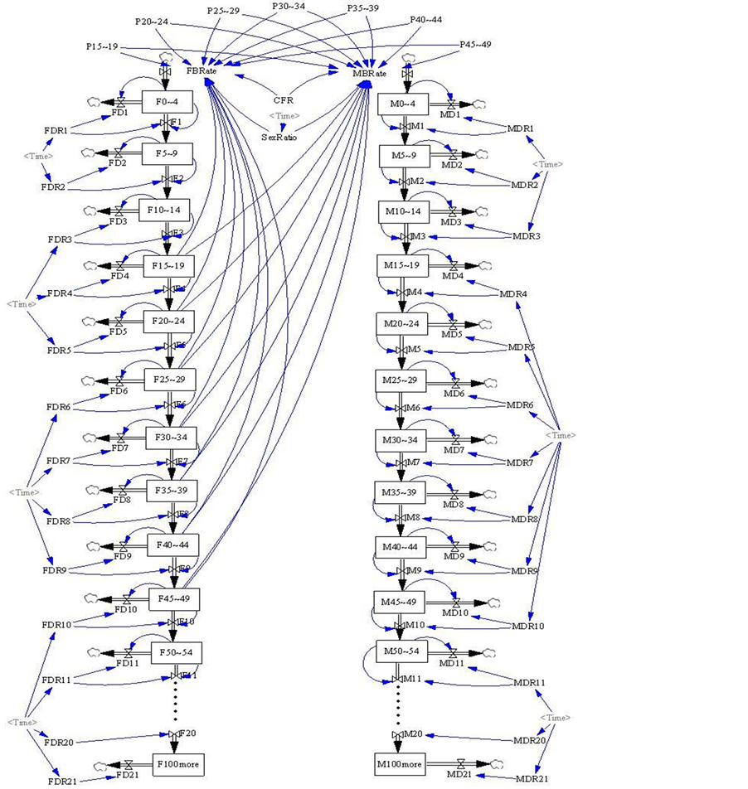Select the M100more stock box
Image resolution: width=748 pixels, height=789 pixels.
[399, 763]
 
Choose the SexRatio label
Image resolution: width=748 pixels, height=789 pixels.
[279, 137]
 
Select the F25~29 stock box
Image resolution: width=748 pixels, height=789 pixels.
[169, 379]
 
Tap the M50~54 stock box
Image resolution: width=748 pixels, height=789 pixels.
[401, 651]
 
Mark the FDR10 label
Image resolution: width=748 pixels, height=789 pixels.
[57, 624]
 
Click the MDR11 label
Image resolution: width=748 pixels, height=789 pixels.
[529, 682]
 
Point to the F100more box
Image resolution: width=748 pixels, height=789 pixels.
[177, 763]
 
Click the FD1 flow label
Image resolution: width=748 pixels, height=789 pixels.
[120, 114]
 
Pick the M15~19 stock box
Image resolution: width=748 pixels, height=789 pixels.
[402, 265]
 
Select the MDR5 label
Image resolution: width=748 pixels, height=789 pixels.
[522, 346]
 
